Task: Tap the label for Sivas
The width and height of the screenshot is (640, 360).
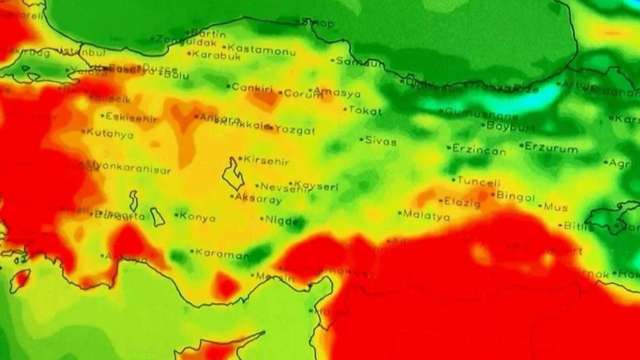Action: coord(381,141)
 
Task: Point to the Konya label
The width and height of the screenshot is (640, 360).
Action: coord(198,217)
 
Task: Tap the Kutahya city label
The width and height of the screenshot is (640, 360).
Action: coord(110,133)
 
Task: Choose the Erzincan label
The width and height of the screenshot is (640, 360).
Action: coord(479,150)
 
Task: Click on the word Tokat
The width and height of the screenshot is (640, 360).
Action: coord(365,111)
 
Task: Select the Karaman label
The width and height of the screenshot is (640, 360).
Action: coord(222,254)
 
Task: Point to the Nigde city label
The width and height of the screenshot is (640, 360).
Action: coord(280,219)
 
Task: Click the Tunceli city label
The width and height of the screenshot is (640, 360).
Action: coord(479,181)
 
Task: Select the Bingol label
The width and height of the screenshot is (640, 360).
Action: coord(515,196)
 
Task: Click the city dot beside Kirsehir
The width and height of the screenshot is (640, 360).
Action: coord(240,158)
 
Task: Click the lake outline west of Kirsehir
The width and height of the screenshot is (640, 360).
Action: coord(233,173)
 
